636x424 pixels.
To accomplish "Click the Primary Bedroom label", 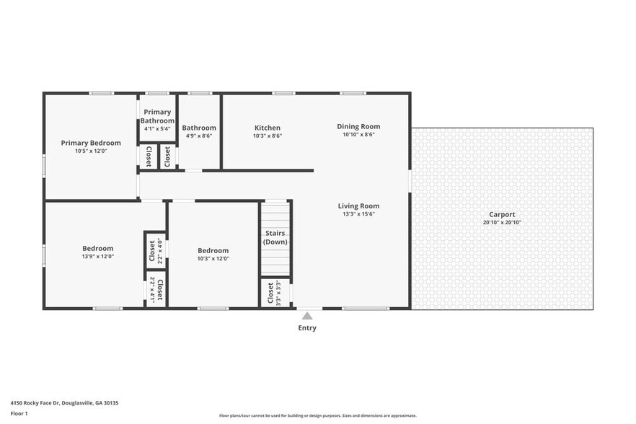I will click(91, 143).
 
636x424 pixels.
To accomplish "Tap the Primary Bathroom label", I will click(157, 116).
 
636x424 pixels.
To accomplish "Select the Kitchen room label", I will click(267, 128).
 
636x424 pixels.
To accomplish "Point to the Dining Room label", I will click(358, 127).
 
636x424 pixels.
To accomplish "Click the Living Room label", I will click(358, 206).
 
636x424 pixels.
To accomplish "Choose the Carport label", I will click(502, 214).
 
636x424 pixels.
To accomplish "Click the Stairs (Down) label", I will click(275, 237).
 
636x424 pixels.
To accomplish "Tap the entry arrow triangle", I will click(307, 316).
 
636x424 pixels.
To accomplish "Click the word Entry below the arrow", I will click(307, 328).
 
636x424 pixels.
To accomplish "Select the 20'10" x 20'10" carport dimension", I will click(502, 223).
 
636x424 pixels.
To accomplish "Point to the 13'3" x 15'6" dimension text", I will click(358, 215).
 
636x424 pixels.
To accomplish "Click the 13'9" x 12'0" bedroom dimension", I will click(98, 257).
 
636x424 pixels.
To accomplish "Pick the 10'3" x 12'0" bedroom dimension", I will click(213, 259).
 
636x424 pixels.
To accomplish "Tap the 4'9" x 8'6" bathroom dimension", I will click(199, 136).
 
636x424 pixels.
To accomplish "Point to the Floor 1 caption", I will click(19, 413).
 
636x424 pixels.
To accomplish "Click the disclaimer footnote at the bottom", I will click(318, 416).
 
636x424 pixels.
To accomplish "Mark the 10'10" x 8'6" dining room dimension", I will click(358, 135).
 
